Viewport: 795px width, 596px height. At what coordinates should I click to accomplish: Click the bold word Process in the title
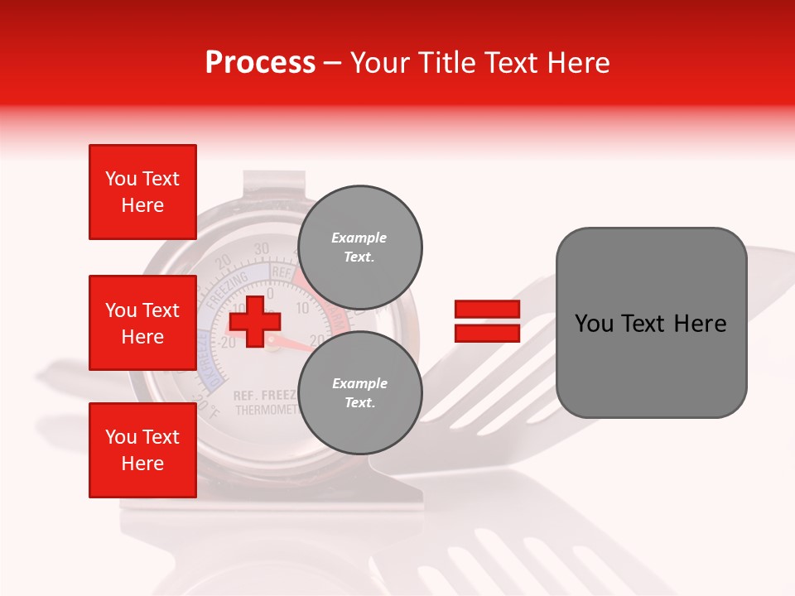[x=260, y=63]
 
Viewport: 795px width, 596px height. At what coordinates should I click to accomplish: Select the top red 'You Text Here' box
[x=142, y=192]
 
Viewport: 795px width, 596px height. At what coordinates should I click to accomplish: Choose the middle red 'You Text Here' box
[x=142, y=323]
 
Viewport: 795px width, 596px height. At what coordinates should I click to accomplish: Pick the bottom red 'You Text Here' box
[x=142, y=450]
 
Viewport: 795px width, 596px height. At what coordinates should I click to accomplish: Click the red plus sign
[x=254, y=320]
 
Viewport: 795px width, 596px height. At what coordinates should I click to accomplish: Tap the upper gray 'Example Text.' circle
[x=359, y=248]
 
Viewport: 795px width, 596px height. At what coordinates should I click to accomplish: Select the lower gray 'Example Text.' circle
[x=359, y=393]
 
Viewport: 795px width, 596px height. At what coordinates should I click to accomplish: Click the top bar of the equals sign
[x=487, y=310]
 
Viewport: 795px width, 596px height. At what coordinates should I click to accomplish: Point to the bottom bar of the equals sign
[x=487, y=334]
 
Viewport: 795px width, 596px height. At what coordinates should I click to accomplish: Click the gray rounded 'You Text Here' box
[x=651, y=323]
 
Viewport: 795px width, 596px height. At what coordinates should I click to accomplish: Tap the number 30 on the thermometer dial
[x=262, y=248]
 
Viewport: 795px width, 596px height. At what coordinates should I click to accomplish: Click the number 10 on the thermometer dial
[x=301, y=308]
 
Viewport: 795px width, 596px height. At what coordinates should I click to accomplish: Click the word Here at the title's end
[x=577, y=63]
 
